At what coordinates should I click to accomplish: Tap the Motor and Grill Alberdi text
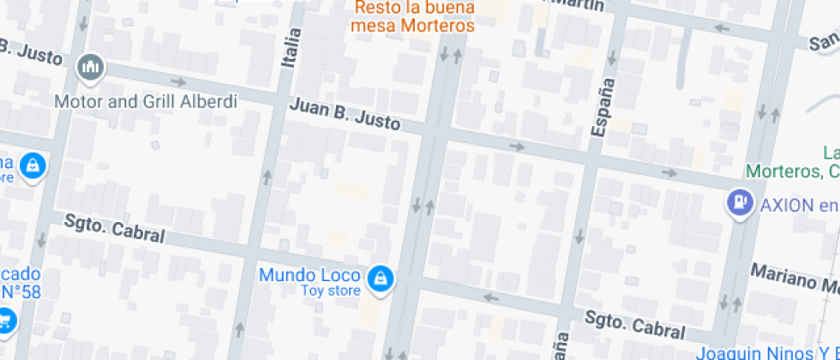click(146, 101)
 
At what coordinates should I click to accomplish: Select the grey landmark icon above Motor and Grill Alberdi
click(90, 66)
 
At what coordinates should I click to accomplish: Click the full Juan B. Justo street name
click(345, 114)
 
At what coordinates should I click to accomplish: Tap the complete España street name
click(603, 107)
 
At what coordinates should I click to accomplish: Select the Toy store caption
click(330, 291)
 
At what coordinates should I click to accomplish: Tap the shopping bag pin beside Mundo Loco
click(379, 278)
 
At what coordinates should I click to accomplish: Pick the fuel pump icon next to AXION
click(738, 202)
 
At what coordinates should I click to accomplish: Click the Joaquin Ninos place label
click(767, 352)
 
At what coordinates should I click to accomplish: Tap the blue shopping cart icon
click(6, 321)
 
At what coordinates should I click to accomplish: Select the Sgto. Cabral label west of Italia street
click(114, 228)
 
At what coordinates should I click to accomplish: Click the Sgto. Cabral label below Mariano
click(634, 325)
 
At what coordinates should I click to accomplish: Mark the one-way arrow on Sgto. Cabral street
click(490, 297)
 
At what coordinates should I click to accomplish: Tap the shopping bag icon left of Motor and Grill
click(32, 165)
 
